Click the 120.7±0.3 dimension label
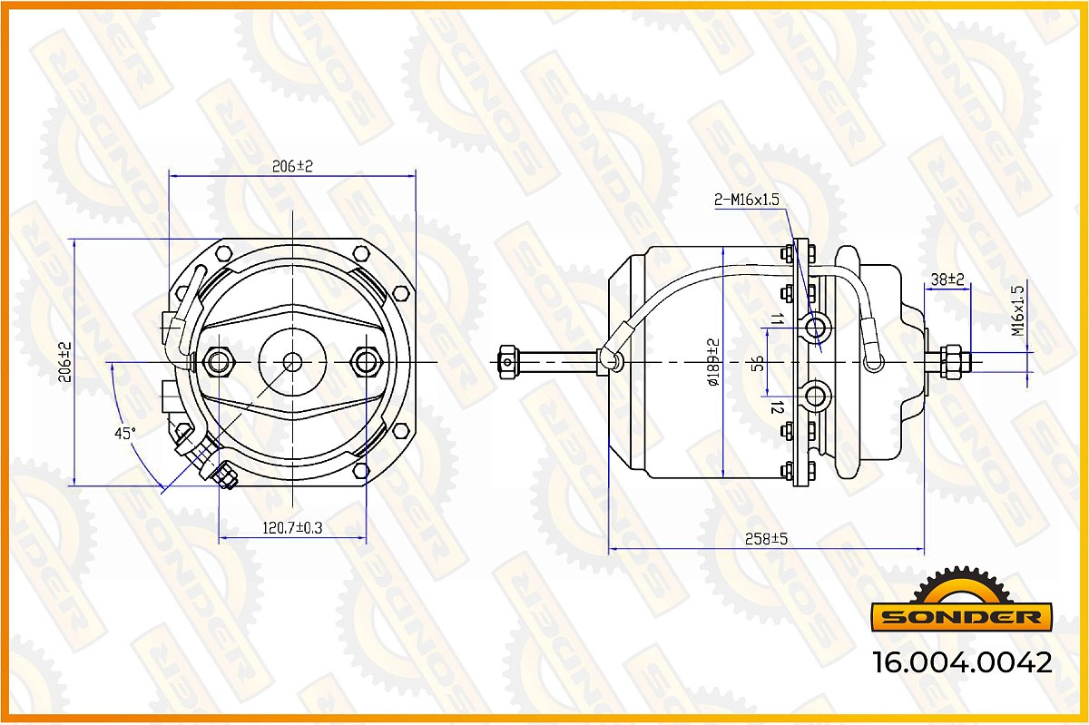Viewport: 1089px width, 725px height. tap(292, 527)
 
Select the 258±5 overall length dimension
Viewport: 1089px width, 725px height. tap(766, 539)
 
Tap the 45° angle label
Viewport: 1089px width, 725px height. tap(125, 433)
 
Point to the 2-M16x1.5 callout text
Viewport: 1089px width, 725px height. tap(747, 200)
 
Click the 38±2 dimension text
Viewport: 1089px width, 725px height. tap(947, 279)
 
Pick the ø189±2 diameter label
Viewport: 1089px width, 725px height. tap(713, 363)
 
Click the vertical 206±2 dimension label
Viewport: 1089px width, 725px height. tap(64, 362)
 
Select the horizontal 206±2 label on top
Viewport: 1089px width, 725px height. tap(292, 166)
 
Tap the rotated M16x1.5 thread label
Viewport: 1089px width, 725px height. tap(1017, 310)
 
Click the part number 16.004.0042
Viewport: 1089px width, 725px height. tap(962, 662)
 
